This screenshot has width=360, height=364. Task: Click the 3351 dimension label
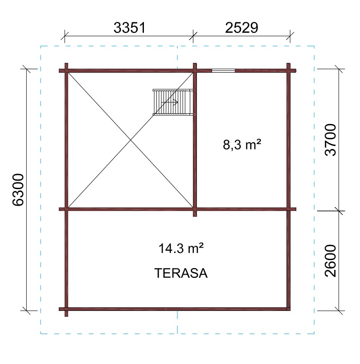pyautogui.click(x=129, y=28)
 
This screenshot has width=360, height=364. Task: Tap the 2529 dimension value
pyautogui.click(x=241, y=28)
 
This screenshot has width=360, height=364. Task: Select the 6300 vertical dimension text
pyautogui.click(x=18, y=190)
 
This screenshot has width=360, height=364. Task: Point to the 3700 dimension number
pyautogui.click(x=330, y=140)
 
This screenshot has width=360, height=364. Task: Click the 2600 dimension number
pyautogui.click(x=330, y=261)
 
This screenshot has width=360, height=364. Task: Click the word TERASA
pyautogui.click(x=181, y=273)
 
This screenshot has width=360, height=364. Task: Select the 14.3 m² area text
pyautogui.click(x=181, y=248)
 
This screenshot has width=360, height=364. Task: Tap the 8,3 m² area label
pyautogui.click(x=242, y=145)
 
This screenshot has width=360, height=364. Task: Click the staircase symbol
pyautogui.click(x=173, y=102)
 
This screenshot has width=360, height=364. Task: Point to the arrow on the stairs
pyautogui.click(x=169, y=102)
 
